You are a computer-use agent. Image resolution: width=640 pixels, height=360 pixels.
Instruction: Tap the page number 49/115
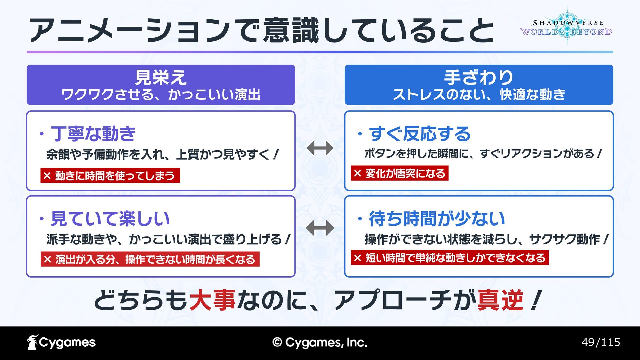pyautogui.click(x=601, y=342)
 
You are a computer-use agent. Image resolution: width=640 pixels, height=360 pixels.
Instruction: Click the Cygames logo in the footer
pyautogui.click(x=61, y=342)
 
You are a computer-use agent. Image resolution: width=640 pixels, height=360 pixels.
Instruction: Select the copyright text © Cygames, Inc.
pyautogui.click(x=320, y=342)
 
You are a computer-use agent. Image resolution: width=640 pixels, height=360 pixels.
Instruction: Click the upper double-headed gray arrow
pyautogui.click(x=320, y=148)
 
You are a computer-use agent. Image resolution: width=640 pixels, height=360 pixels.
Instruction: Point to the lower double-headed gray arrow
pyautogui.click(x=320, y=228)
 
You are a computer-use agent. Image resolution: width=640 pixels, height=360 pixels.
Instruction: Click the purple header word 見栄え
pyautogui.click(x=161, y=77)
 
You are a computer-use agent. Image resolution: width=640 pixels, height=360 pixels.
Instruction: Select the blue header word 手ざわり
pyautogui.click(x=479, y=77)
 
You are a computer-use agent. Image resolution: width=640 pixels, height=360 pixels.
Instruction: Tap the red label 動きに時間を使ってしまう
pyautogui.click(x=110, y=176)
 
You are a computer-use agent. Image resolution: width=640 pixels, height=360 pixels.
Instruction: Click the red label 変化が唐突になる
pyautogui.click(x=400, y=173)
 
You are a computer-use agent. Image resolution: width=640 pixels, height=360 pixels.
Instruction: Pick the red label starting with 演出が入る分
pyautogui.click(x=150, y=259)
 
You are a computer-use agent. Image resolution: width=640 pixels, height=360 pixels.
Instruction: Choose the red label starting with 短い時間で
pyautogui.click(x=450, y=258)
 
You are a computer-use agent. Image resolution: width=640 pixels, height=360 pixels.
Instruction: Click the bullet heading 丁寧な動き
pyautogui.click(x=93, y=134)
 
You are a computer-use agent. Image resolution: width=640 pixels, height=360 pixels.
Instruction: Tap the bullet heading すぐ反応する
pyautogui.click(x=420, y=134)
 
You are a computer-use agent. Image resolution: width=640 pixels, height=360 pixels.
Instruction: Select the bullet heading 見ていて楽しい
pyautogui.click(x=110, y=219)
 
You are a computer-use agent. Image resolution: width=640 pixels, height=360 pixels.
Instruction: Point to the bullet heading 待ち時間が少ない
pyautogui.click(x=437, y=219)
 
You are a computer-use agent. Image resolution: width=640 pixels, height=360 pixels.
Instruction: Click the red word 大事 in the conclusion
pyautogui.click(x=213, y=300)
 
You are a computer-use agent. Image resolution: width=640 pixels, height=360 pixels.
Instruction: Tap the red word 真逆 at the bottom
pyautogui.click(x=500, y=300)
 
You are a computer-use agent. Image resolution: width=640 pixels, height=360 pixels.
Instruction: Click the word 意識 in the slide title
pyautogui.click(x=291, y=30)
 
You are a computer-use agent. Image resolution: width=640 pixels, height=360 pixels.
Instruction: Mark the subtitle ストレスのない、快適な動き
pyautogui.click(x=479, y=95)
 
